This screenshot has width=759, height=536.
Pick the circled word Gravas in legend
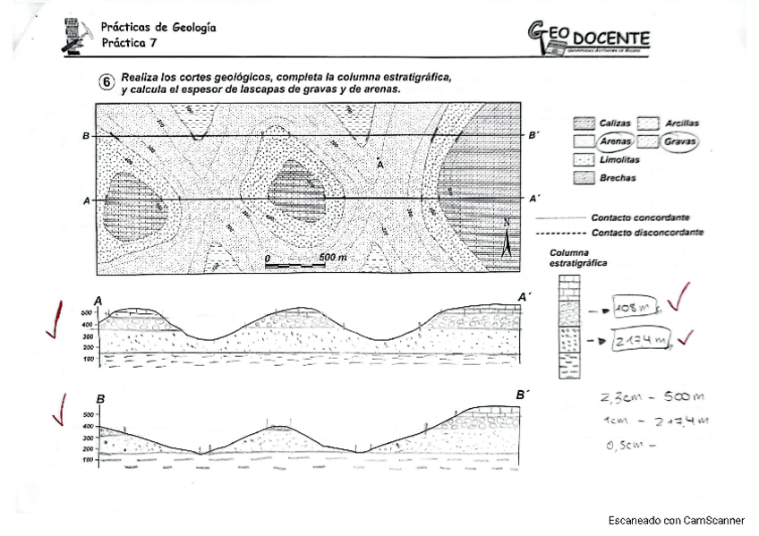coord(680,141)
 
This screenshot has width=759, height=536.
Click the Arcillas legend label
coord(681,123)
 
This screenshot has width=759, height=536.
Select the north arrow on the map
coord(506,240)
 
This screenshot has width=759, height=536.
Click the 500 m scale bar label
coord(333,258)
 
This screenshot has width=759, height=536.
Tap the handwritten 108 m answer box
coord(633,308)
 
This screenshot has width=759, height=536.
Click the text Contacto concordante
coord(639,217)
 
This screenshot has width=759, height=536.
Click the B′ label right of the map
coord(533,136)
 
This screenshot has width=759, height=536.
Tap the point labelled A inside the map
coord(379,162)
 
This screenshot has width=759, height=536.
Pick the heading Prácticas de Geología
coord(158,28)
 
